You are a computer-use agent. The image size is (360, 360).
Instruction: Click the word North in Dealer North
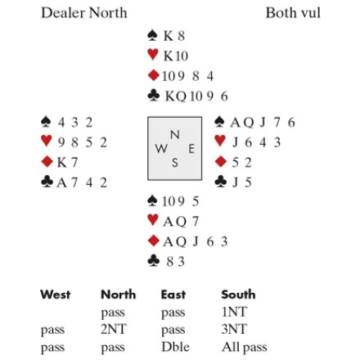[108, 13]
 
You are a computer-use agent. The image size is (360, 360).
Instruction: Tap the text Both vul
[293, 13]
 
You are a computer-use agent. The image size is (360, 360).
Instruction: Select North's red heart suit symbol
[153, 55]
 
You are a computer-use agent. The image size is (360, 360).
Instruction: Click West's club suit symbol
[47, 182]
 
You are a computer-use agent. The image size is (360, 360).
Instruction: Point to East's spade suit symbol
[219, 122]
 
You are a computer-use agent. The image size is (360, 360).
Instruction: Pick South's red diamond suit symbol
[153, 241]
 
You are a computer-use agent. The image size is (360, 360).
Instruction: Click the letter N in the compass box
[175, 134]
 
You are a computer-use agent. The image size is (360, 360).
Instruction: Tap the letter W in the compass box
[161, 149]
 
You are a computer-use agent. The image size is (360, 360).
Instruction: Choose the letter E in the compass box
[191, 149]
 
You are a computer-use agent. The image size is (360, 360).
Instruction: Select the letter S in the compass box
[175, 163]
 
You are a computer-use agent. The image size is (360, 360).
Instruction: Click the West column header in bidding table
[56, 295]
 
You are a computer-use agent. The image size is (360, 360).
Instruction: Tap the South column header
[238, 295]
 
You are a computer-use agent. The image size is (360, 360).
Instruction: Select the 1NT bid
[234, 312]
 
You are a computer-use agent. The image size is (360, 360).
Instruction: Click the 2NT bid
[114, 329]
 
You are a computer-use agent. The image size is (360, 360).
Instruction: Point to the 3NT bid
[234, 329]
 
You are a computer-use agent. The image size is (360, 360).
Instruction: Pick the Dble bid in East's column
[175, 347]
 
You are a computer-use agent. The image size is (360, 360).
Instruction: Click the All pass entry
[245, 348]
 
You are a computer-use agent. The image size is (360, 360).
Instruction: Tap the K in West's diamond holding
[61, 163]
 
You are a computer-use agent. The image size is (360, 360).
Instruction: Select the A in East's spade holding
[235, 123]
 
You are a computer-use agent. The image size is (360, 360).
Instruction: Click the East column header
[173, 295]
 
